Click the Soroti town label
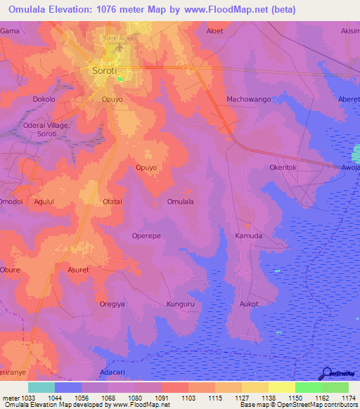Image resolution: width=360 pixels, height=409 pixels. point(105,70)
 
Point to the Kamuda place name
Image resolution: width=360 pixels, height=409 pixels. point(248,236)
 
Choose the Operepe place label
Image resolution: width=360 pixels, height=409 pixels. point(148,236)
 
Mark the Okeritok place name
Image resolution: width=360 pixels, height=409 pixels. point(285,168)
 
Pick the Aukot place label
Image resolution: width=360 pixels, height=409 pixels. point(249,304)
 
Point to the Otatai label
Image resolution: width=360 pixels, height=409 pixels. point(115,202)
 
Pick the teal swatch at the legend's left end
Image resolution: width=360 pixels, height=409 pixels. point(41,387)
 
